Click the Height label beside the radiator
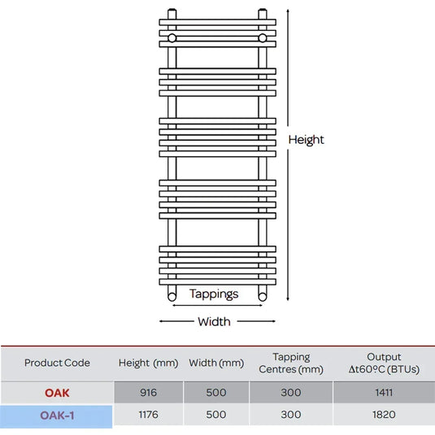306,140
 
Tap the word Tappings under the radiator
214,294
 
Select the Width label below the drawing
214,322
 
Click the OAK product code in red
57,393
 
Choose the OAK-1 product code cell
57,415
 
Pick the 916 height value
149,393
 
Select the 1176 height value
149,415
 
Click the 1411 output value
384,393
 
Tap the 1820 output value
384,415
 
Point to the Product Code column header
57,363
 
